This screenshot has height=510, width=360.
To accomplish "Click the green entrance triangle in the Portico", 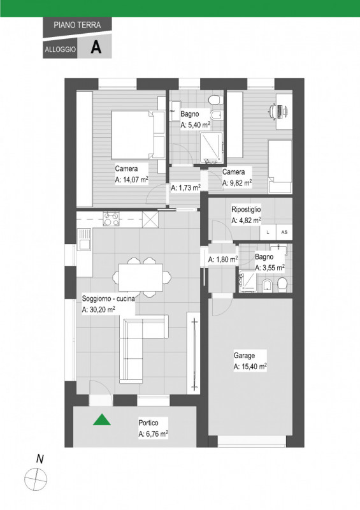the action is click(x=102, y=420).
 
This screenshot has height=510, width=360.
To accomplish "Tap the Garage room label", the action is click(x=244, y=356).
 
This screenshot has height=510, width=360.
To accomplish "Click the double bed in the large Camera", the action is click(x=138, y=135).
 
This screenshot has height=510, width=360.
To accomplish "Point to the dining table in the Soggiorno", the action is click(x=140, y=277).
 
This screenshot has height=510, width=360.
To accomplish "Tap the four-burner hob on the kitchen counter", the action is click(x=112, y=219).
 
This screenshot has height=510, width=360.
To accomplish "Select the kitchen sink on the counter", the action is click(x=84, y=239).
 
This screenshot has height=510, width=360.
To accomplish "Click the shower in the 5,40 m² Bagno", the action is click(x=211, y=147).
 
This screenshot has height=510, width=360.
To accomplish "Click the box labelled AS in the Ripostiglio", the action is click(x=284, y=232).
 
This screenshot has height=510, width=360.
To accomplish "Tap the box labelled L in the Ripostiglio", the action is click(x=268, y=232).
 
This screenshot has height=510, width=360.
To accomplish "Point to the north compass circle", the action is click(x=36, y=479).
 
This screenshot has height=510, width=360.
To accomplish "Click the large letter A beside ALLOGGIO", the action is click(x=96, y=47).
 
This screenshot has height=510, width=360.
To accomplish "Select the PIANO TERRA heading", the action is click(x=77, y=25).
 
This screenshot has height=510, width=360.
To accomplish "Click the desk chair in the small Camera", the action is click(x=273, y=111).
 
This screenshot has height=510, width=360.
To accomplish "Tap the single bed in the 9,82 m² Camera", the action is click(x=280, y=167).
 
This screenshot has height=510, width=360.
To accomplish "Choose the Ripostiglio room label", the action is click(x=246, y=210).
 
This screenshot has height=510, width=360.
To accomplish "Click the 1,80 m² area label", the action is click(x=223, y=259).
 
